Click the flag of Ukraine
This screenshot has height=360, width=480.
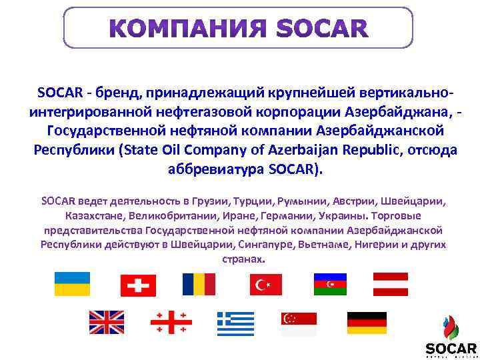(71, 284)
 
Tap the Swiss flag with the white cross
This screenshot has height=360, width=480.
(138, 285)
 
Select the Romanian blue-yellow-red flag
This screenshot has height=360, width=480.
(199, 284)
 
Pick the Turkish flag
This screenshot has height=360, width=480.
(266, 285)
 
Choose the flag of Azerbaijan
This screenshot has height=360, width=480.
(330, 284)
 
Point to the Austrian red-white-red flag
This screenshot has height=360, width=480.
(391, 284)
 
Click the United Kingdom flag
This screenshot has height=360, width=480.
(107, 323)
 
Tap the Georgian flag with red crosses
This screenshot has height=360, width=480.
(171, 323)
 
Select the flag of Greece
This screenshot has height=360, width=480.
(235, 323)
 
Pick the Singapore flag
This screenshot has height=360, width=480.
(299, 323)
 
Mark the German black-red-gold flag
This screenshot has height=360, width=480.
(366, 323)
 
